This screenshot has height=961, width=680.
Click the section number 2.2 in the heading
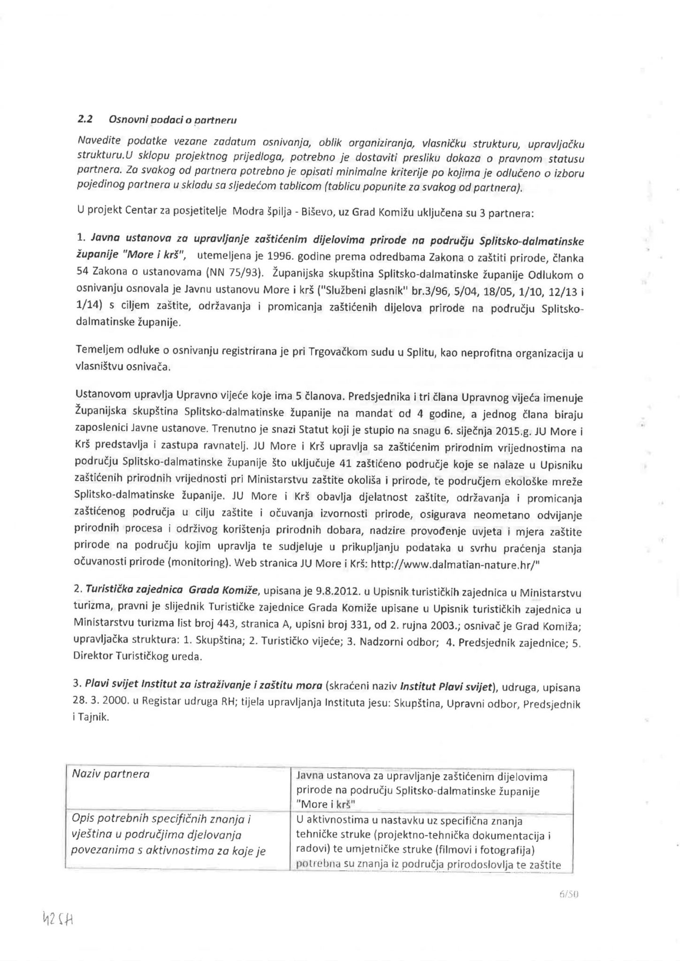pos(84,119)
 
